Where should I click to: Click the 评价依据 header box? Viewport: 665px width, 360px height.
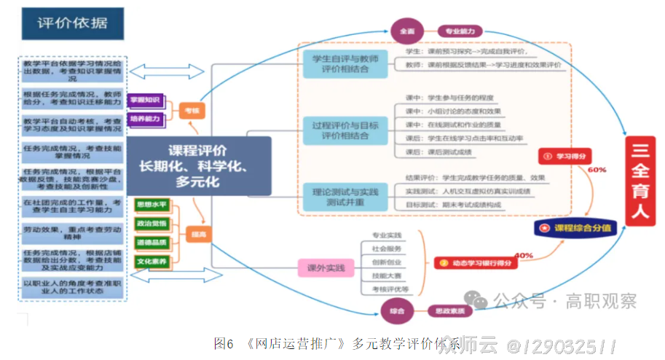pos(72,23)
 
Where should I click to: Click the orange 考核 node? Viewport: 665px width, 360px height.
pos(192,110)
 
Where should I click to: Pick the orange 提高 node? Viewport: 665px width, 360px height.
pos(198,235)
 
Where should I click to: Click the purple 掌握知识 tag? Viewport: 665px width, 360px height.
pos(145,100)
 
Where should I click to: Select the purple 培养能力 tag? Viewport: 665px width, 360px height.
pos(145,119)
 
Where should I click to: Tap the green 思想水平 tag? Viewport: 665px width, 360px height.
pos(151,204)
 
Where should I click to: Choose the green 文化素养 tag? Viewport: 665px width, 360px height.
pos(151,262)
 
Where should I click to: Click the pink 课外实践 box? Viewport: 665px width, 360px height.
pos(325,268)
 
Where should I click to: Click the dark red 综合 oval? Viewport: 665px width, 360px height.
pos(397,311)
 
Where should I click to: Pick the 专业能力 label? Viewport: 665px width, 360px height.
pos(460,31)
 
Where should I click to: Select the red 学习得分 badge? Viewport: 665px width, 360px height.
pos(565,156)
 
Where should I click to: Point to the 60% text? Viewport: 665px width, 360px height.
pos(597,170)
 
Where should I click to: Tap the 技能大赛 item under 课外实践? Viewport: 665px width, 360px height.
pos(386,275)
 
